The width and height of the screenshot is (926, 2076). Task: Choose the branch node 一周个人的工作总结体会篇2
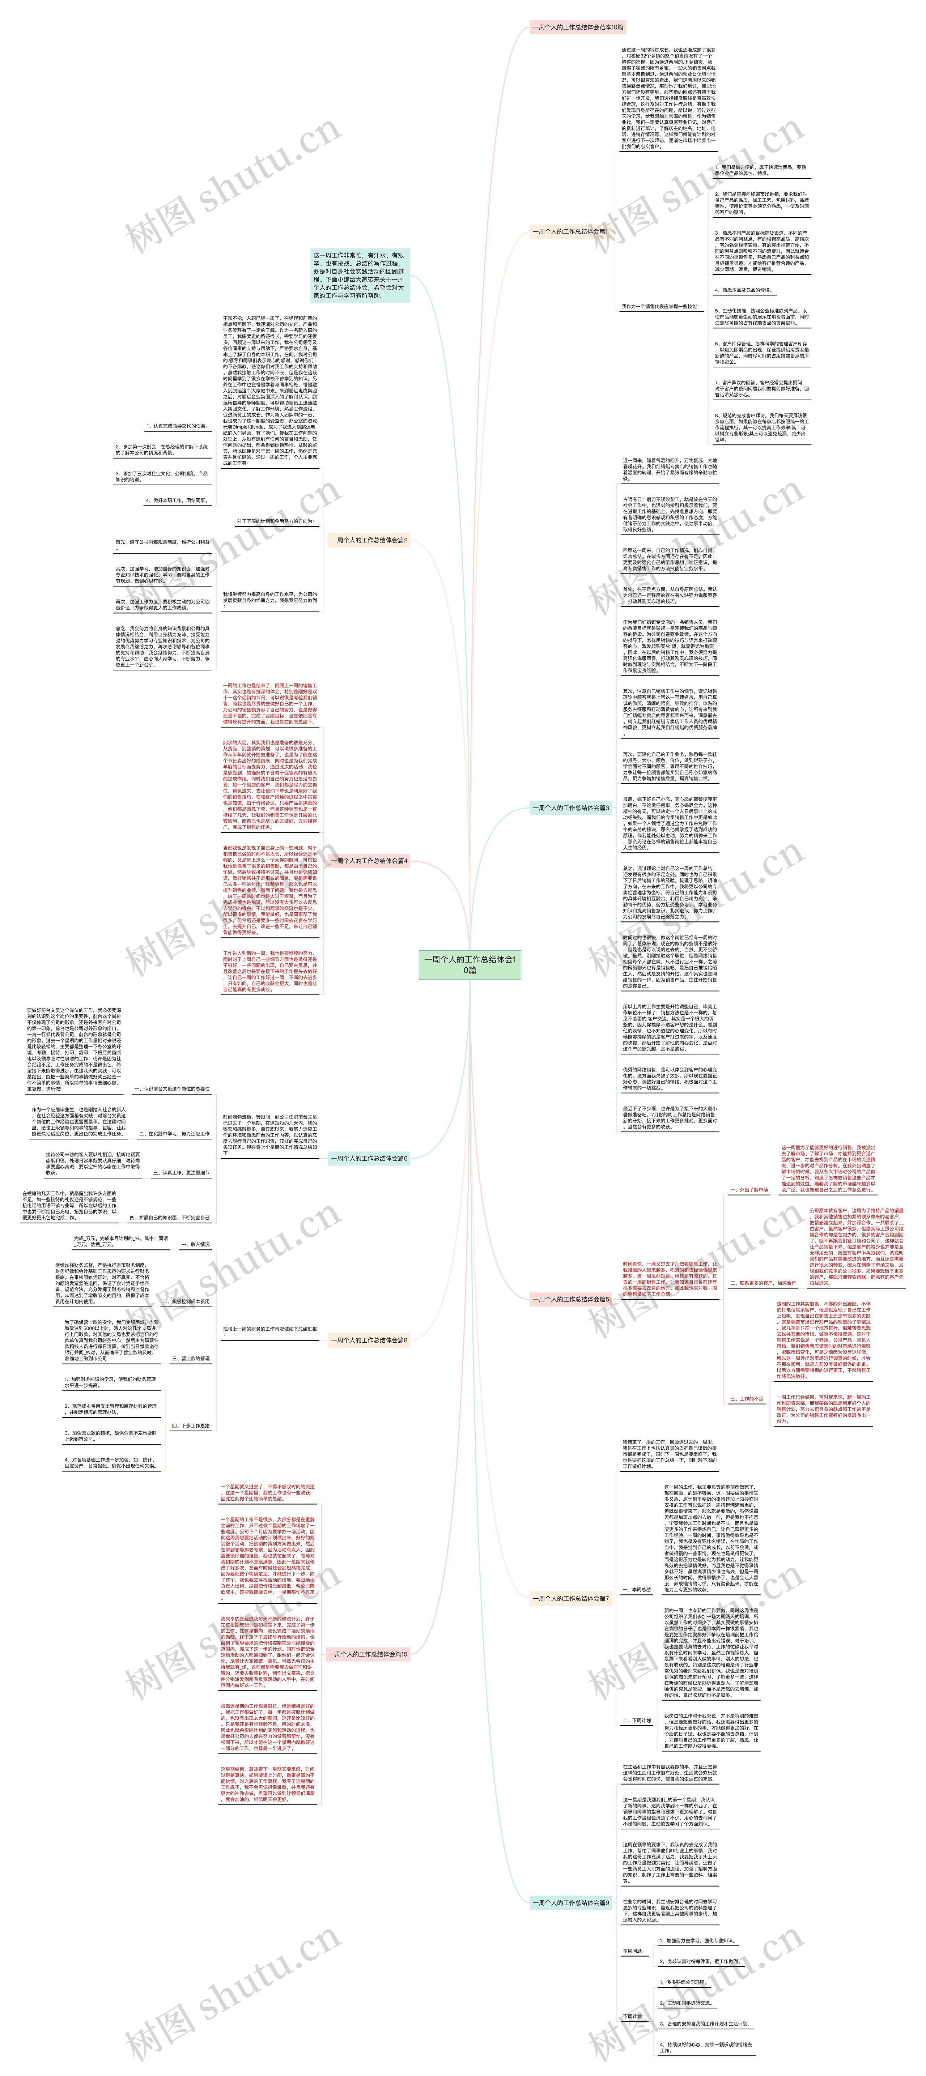click(x=368, y=540)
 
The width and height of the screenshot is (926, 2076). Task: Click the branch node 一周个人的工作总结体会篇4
click(x=368, y=861)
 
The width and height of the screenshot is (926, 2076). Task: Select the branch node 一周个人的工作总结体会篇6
click(x=368, y=1158)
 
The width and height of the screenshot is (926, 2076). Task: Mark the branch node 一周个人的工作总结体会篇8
click(x=368, y=1340)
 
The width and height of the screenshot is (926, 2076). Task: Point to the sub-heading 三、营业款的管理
click(x=191, y=1359)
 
